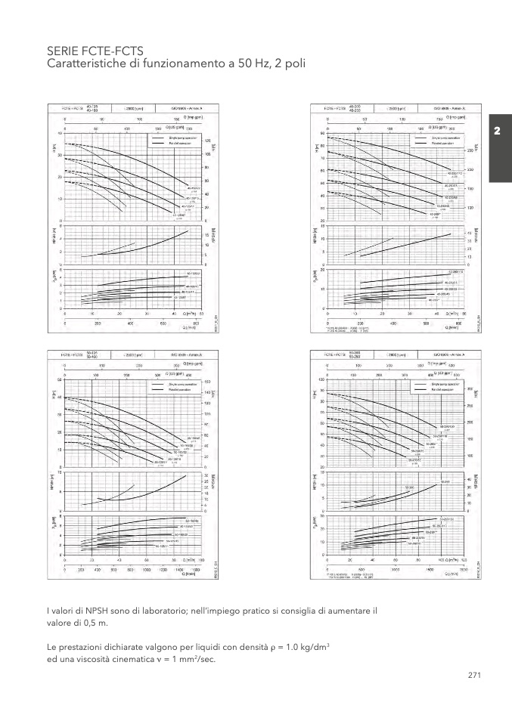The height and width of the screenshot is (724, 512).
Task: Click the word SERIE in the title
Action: pos(61,50)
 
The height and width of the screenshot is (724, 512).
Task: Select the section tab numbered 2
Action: pos(498,131)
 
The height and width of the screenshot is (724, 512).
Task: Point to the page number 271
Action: pos(475,675)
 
